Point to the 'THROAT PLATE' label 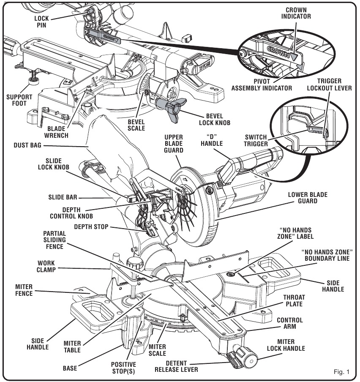pos(294,300)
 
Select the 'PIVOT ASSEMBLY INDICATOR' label pos(262,85)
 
